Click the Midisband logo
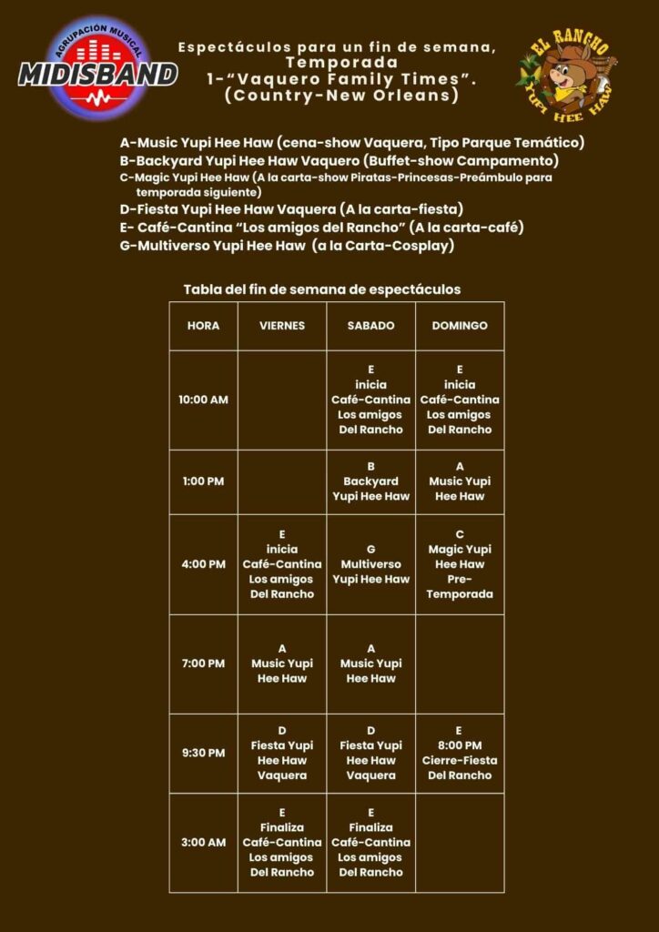tap(97, 67)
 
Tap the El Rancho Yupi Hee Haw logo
tap(565, 73)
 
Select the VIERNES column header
tap(282, 326)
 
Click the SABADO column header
tap(370, 326)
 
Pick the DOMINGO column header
tap(460, 326)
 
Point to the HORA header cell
tap(203, 326)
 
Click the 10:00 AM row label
tap(203, 400)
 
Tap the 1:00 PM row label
tap(203, 481)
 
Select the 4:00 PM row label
tap(203, 564)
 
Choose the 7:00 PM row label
tap(203, 664)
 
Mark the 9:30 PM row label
tap(203, 753)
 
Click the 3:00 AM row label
tap(203, 842)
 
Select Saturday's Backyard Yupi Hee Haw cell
tap(370, 481)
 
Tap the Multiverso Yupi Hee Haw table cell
tap(370, 564)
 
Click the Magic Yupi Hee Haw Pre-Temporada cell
tap(460, 564)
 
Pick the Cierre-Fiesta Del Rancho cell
tap(460, 753)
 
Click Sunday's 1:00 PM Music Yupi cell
tap(460, 481)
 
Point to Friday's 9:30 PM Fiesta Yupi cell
tap(282, 753)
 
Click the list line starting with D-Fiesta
tap(291, 209)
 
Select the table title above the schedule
tap(322, 289)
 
